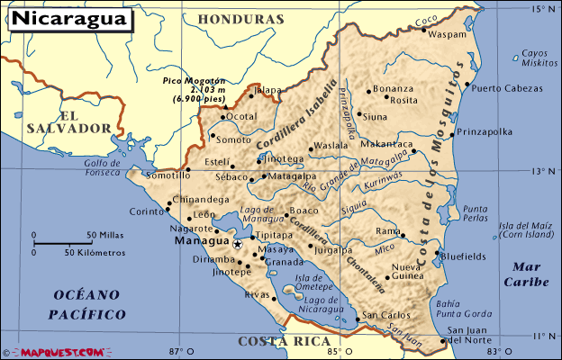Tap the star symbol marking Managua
(x=237, y=243)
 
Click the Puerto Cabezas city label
(x=505, y=88)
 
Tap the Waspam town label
(x=449, y=34)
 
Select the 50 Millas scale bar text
(x=104, y=236)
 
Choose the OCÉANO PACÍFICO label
(x=88, y=304)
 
